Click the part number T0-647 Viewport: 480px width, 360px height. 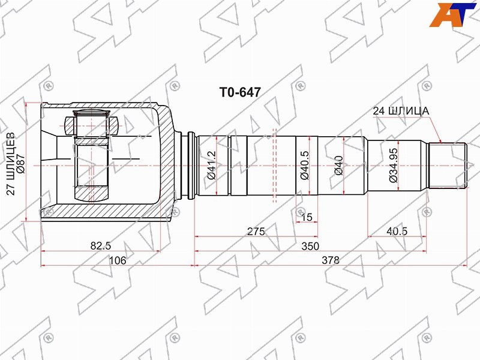click(240, 92)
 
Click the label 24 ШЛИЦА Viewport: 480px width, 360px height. click(401, 111)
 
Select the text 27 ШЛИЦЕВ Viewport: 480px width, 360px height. click(11, 163)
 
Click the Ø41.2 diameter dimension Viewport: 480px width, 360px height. click(212, 166)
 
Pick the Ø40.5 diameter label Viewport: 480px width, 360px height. click(305, 166)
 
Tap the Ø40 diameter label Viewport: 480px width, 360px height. click(339, 166)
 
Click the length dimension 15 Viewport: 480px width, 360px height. click(307, 217)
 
